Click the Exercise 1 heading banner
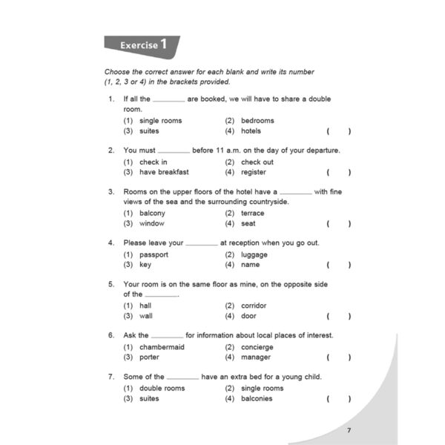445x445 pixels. point(141,46)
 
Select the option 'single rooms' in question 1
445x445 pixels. point(160,121)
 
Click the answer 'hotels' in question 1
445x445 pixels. point(251,131)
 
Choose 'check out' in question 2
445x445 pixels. point(257,162)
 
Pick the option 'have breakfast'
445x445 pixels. point(164,172)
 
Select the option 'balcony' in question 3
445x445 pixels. point(152,213)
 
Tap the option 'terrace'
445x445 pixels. point(252,213)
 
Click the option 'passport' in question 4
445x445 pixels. point(154,254)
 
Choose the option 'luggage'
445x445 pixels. point(254,254)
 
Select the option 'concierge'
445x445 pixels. point(257,347)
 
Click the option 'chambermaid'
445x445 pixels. point(162,347)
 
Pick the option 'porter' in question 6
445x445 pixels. point(149,357)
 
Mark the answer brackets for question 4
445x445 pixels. point(338,265)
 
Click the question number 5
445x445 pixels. point(111,284)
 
